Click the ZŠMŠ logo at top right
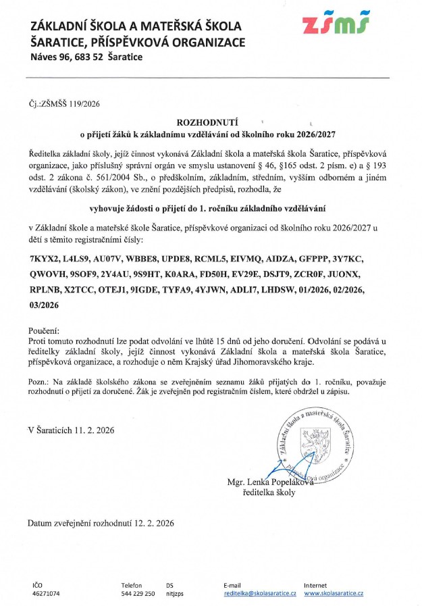(x=336, y=25)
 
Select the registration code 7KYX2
(x=45, y=259)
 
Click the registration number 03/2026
(x=44, y=305)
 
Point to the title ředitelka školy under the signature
(x=268, y=493)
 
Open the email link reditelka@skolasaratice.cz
(x=260, y=593)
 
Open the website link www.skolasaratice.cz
(x=334, y=593)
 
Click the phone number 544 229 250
(x=138, y=593)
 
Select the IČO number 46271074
(x=47, y=593)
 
